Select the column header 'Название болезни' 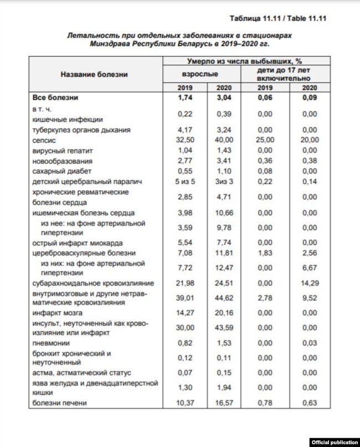[x=94, y=74]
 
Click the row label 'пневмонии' [x=50, y=343]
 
